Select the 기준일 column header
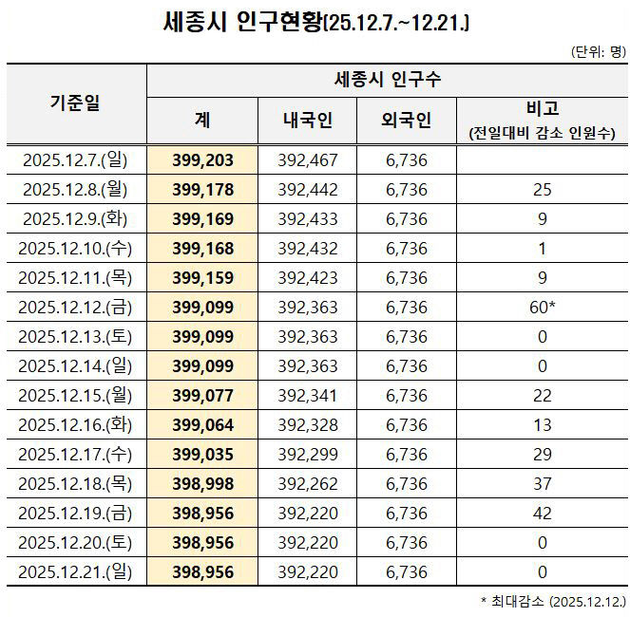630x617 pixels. click(x=75, y=103)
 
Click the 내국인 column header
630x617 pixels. click(x=307, y=120)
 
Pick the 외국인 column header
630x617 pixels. click(x=406, y=120)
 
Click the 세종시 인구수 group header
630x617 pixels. click(x=387, y=79)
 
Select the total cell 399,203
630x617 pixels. click(x=202, y=159)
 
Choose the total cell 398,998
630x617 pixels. click(x=202, y=484)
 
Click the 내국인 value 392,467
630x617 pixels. click(x=307, y=159)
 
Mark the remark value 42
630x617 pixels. click(x=542, y=514)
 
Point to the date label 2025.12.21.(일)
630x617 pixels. click(x=75, y=572)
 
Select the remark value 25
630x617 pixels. click(x=542, y=190)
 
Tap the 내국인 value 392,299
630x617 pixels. click(x=307, y=455)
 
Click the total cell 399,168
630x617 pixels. click(x=202, y=250)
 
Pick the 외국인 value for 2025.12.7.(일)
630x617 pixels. click(x=406, y=159)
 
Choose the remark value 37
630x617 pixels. click(x=542, y=484)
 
